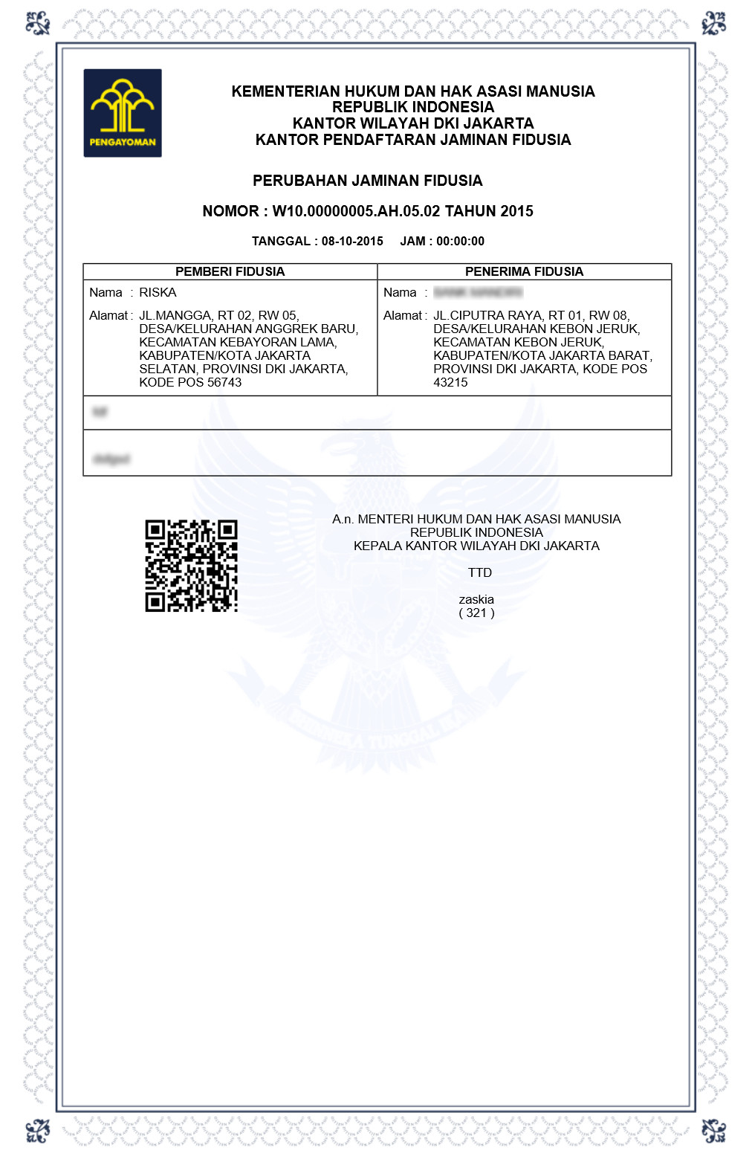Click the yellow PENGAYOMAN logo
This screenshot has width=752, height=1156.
coord(123,112)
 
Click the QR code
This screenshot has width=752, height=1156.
coord(191,566)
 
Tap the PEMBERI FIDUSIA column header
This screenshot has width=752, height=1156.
coord(230,271)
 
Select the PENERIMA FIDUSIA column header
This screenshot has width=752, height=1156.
coord(524,271)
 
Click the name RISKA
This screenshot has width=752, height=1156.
coord(158,292)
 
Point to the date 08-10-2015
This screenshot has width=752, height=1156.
coord(352,241)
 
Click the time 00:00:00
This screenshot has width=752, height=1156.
coord(460,241)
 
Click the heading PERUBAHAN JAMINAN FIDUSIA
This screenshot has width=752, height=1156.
coord(368,181)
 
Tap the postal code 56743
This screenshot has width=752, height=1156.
coord(224,382)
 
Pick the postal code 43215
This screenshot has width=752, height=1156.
coord(450,382)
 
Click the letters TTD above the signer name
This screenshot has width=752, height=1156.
coord(480,572)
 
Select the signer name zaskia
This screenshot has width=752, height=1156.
coord(476,599)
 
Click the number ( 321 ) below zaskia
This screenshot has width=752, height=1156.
coord(476,613)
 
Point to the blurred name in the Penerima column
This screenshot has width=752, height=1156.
coord(478,292)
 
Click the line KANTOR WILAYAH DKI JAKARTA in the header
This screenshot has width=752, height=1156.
coord(413,123)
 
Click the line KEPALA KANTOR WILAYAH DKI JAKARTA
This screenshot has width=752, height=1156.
coord(476,546)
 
